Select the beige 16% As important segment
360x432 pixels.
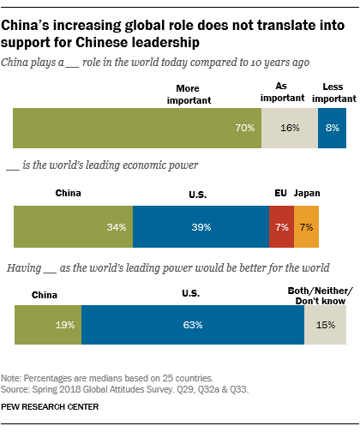click(291, 128)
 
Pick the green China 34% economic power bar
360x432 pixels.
click(73, 228)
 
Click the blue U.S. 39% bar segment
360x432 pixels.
click(201, 228)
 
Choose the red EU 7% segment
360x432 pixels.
click(280, 228)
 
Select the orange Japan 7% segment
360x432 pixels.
click(306, 228)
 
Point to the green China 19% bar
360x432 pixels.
click(48, 326)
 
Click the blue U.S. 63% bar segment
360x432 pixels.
click(193, 326)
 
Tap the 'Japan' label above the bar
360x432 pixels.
click(306, 194)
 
